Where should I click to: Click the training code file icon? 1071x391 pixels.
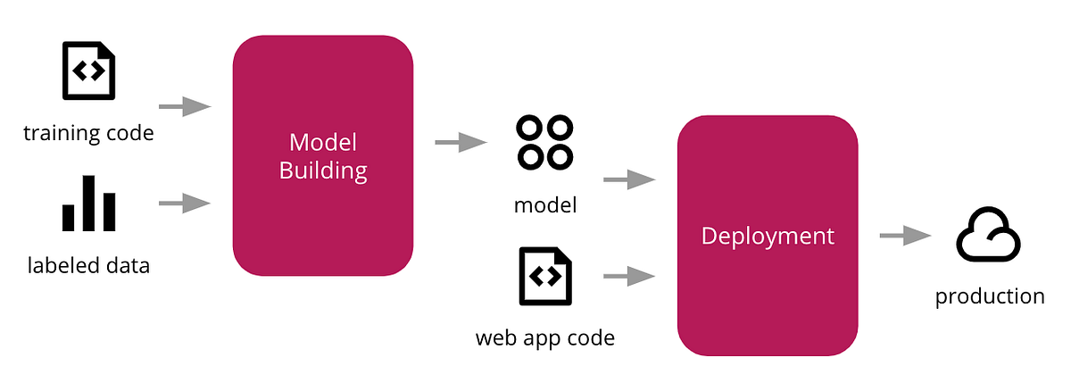tap(88, 71)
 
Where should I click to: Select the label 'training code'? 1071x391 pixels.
tap(88, 134)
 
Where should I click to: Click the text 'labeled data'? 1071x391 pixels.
tap(88, 265)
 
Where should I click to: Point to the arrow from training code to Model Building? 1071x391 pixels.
tap(185, 107)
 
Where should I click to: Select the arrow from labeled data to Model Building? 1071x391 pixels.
tap(185, 204)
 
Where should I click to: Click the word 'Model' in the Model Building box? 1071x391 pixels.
tap(322, 142)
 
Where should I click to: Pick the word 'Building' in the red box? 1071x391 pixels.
tap(322, 171)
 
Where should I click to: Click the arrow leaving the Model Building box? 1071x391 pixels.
tap(461, 142)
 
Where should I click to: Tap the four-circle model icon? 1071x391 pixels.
tap(544, 142)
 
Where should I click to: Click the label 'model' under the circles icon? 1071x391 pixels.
tap(544, 205)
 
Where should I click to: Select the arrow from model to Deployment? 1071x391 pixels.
tap(629, 180)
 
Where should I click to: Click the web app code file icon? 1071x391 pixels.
tap(544, 276)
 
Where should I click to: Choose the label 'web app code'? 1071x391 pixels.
tap(544, 338)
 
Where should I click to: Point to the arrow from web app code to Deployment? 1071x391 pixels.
tap(629, 277)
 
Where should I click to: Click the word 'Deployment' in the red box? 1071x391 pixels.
tap(768, 236)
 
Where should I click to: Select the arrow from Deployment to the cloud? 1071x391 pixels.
tap(905, 236)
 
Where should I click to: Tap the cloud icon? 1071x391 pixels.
tap(989, 236)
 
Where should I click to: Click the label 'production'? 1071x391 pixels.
tap(989, 296)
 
